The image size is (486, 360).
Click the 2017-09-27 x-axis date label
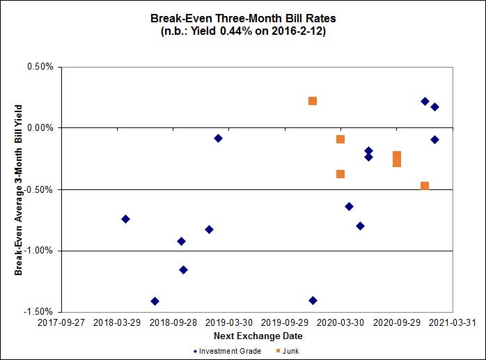pyautogui.click(x=61, y=324)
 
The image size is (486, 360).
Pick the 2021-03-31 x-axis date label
pyautogui.click(x=453, y=324)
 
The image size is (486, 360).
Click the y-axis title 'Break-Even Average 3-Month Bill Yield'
pyautogui.click(x=19, y=189)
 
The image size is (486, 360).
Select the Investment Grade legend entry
pyautogui.click(x=227, y=351)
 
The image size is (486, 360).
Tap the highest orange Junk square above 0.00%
pyautogui.click(x=313, y=101)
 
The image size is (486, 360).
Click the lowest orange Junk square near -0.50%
pyautogui.click(x=425, y=186)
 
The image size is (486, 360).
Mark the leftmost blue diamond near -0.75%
pyautogui.click(x=125, y=219)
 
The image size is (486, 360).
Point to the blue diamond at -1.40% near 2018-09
pyautogui.click(x=155, y=301)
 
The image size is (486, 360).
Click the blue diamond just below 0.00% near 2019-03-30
pyautogui.click(x=218, y=138)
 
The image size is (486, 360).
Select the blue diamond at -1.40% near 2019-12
pyautogui.click(x=313, y=300)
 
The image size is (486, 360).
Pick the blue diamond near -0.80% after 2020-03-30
pyautogui.click(x=360, y=226)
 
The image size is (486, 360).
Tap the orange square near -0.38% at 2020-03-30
pyautogui.click(x=340, y=174)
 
